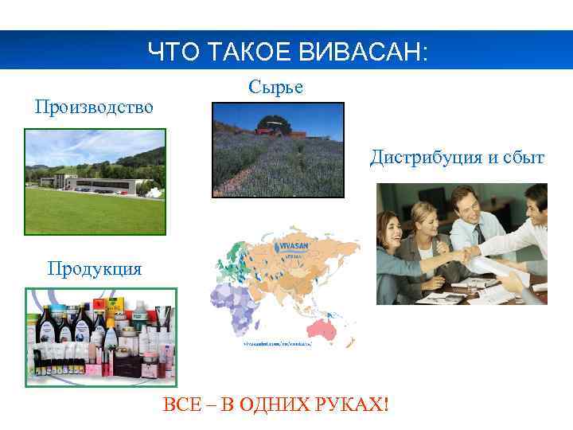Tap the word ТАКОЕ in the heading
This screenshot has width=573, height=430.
(255, 53)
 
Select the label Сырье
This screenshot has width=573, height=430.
(275, 87)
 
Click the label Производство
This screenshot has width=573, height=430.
(94, 106)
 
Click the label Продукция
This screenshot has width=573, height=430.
(94, 268)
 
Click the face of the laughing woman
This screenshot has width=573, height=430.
(395, 231)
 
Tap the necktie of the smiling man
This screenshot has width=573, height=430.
(479, 233)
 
